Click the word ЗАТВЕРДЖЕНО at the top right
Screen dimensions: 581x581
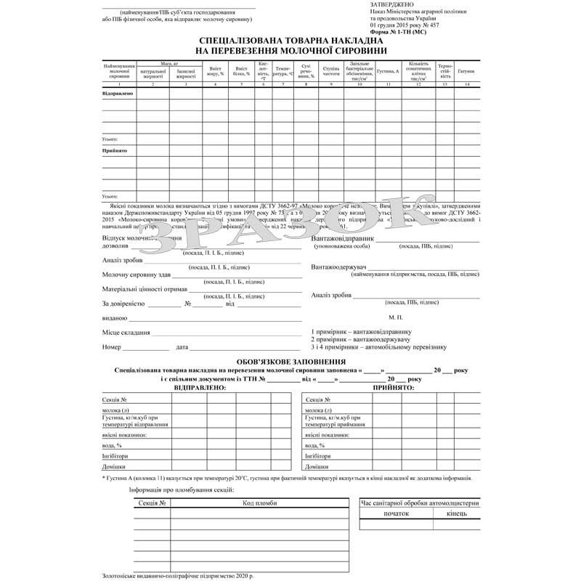pos(393,4)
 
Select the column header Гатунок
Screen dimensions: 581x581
pos(466,71)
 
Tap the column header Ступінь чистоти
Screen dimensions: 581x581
pos(330,71)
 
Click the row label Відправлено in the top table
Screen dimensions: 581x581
pos(117,94)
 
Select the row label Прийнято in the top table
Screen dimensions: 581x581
pos(115,150)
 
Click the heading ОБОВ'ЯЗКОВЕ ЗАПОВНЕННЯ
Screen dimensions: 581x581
pos(291,362)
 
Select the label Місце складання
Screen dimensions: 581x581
pos(126,333)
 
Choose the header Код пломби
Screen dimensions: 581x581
pos(259,503)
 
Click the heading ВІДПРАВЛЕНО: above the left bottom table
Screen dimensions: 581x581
pos(200,388)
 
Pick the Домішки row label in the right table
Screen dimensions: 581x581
pos(317,466)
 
